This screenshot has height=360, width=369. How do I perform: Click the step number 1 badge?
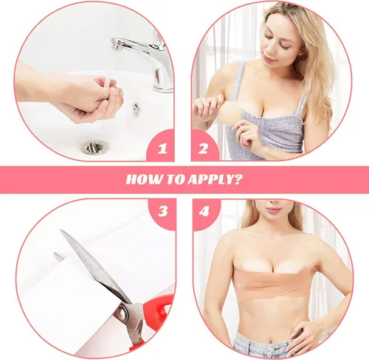tap(162, 148)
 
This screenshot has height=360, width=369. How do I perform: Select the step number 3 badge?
tap(163, 211)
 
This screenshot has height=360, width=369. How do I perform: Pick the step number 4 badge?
tap(204, 211)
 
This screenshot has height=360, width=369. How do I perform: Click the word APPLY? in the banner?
tap(215, 179)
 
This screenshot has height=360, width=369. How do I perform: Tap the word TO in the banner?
tap(176, 179)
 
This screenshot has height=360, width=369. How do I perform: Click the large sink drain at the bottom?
tap(94, 147)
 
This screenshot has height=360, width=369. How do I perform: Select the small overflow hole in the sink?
tap(137, 108)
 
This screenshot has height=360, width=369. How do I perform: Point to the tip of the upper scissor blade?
tap(61, 230)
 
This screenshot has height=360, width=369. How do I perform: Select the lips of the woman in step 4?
tap(274, 210)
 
